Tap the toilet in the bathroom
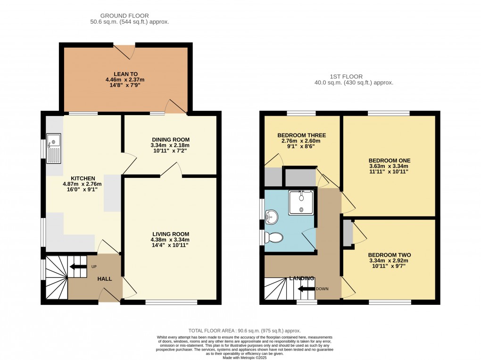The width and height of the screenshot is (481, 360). (x=273, y=237)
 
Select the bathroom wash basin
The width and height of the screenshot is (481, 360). (x=273, y=217)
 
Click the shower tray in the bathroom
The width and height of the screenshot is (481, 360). (x=301, y=202)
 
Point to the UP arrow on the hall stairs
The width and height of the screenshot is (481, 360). (x=76, y=267)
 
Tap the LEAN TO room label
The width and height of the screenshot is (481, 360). (x=125, y=74)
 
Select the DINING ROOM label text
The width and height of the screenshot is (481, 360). (x=170, y=140)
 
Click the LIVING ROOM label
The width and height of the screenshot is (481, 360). (x=170, y=234)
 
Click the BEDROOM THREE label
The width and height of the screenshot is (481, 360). (x=301, y=135)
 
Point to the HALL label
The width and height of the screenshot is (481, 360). (x=104, y=279)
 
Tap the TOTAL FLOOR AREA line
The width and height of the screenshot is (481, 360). (x=244, y=331)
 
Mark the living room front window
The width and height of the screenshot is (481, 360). (x=171, y=302)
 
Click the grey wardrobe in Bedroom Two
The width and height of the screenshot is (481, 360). (x=348, y=233)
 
